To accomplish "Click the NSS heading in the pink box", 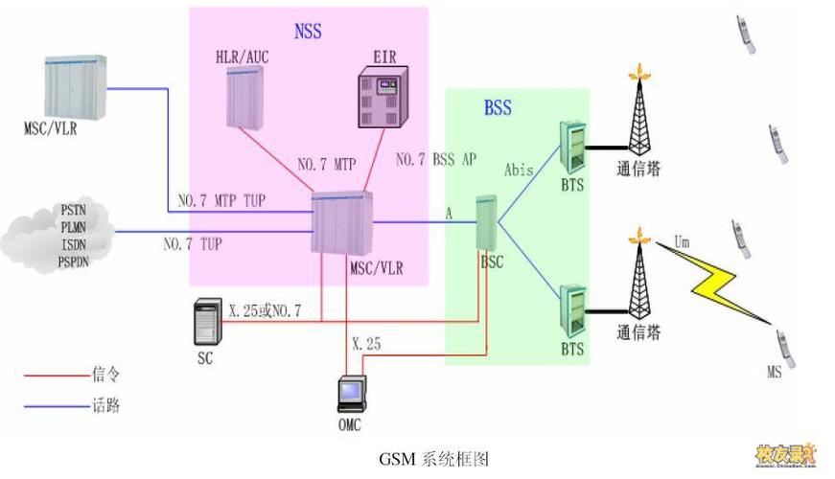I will (x=308, y=32).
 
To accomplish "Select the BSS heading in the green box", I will (x=498, y=108).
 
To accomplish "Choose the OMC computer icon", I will (x=351, y=396).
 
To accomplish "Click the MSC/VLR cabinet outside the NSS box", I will (x=76, y=87).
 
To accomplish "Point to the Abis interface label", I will (x=519, y=170).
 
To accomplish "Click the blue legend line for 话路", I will (x=55, y=406).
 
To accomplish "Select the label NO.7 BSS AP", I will (x=435, y=159).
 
